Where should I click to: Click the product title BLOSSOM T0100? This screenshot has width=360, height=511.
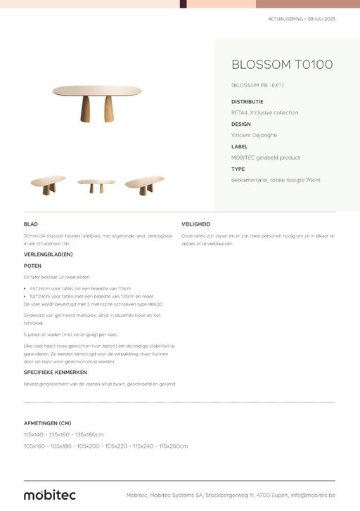point(282,65)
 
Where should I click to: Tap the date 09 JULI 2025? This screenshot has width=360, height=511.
point(321,19)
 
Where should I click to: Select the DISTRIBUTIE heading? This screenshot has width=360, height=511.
point(247,101)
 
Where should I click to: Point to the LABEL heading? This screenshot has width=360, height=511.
point(239,146)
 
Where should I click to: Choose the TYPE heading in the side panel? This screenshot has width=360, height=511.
point(238,169)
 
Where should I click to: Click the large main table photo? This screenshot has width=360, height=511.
point(97,101)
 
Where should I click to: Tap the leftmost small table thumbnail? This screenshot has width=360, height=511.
point(48,185)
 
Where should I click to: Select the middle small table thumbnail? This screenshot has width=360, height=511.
point(96,186)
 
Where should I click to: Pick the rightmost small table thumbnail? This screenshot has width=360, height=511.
point(144,185)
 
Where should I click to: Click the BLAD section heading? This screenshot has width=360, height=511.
point(31,224)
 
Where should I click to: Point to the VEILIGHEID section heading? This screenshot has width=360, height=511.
point(196,224)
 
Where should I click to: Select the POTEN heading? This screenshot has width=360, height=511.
point(33,266)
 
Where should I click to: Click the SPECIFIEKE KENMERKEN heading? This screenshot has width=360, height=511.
point(56,372)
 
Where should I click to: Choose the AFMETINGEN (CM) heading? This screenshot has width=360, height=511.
point(48,423)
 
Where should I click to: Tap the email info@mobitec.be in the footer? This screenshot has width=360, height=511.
point(313,495)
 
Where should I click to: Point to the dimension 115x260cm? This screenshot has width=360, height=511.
point(173,446)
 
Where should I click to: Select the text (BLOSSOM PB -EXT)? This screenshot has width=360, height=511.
point(257,85)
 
